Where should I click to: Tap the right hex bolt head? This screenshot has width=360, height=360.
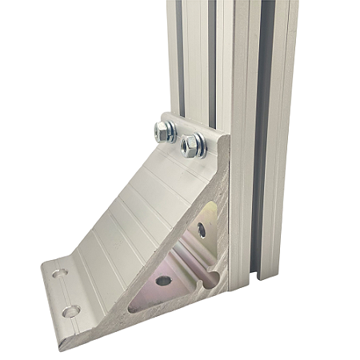pos(193,145)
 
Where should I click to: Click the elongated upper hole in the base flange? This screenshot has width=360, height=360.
pos(58,274)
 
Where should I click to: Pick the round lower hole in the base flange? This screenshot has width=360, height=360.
pos(71,310)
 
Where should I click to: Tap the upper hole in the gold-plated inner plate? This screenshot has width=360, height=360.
pos(201,230)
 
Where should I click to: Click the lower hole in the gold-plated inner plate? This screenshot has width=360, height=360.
pos(164,280)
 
